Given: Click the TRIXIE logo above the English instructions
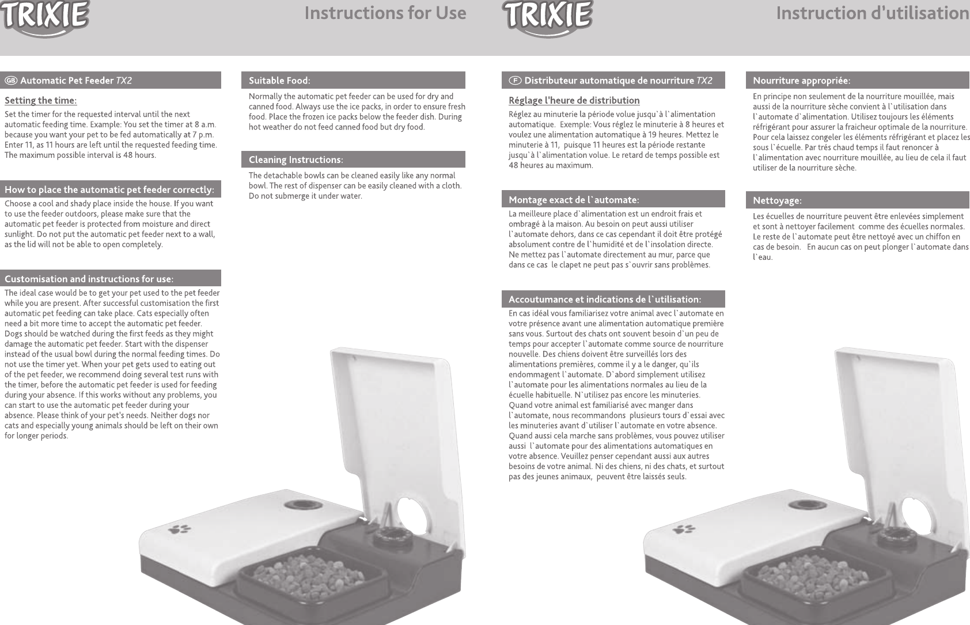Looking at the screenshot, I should pos(45,17).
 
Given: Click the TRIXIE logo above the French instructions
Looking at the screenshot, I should pos(547,17).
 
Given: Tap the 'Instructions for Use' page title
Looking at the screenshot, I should pos(385,13).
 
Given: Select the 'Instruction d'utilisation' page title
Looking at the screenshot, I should pos(872,13).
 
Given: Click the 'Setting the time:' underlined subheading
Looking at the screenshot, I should pos(40,101).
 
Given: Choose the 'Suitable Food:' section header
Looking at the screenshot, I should pos(279,80).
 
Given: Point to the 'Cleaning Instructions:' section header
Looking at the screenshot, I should pos(295,160).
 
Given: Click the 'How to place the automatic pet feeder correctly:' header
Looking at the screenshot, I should pos(109,190).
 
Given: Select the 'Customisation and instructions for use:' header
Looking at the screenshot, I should pos(89,279).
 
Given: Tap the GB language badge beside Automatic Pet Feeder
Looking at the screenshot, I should pos(11,81).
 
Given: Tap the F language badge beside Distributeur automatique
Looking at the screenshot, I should pos(515,81).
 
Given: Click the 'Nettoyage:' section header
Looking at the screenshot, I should pos(777,200).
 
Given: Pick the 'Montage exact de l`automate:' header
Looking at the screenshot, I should pos(574,200).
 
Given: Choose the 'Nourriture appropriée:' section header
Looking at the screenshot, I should pos(801,80).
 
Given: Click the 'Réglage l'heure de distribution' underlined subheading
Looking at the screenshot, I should pos(574,101).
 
